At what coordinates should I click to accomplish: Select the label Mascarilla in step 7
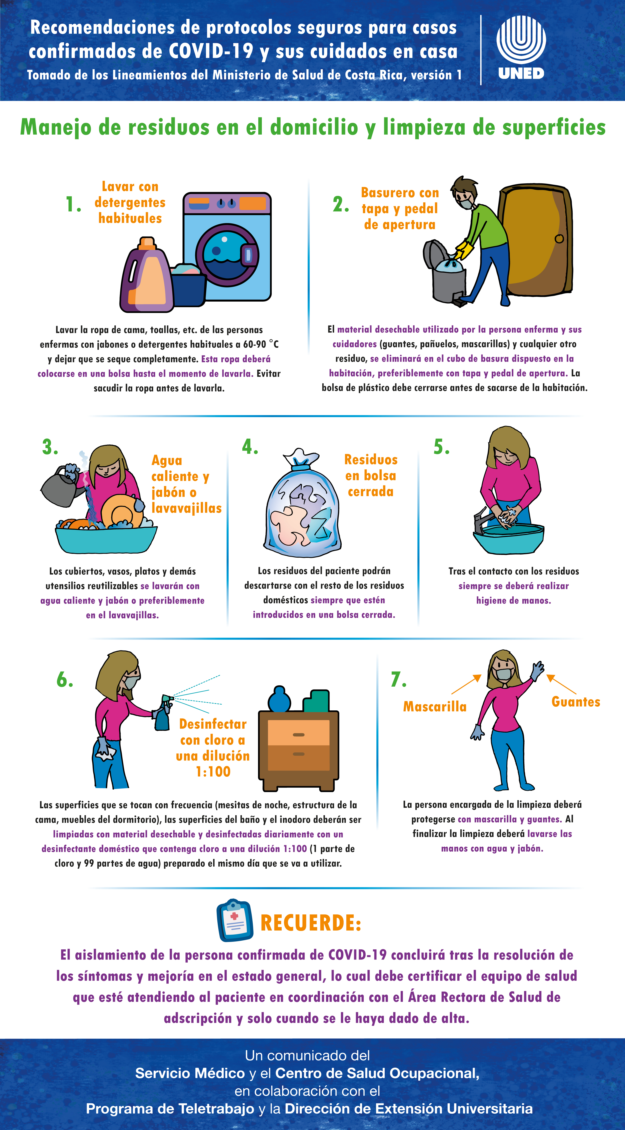point(435,706)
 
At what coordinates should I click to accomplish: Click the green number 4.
point(250,447)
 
